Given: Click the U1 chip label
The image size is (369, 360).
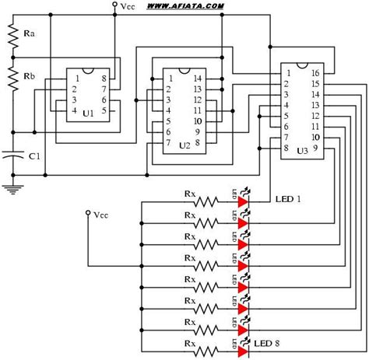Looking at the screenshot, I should tap(87, 114).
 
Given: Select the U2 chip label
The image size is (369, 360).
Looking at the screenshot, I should tap(184, 145).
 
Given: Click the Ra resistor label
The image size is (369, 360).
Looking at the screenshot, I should tap(30, 35).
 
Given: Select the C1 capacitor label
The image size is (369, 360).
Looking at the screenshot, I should tap(34, 156).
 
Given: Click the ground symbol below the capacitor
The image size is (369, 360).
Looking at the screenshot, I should tap(11, 187).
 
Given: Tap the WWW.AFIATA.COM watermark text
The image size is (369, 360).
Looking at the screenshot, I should tap(184, 6).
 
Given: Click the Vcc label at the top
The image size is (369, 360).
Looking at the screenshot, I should tap(128, 5).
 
